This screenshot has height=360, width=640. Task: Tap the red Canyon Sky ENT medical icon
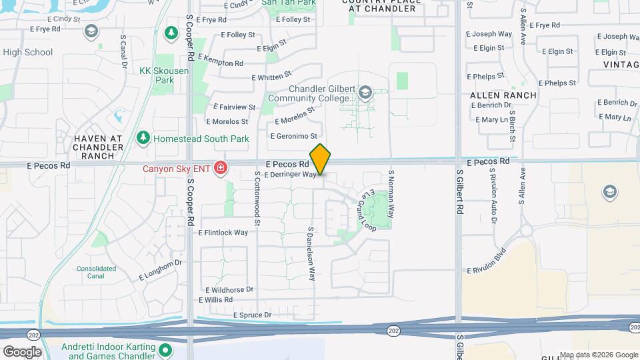[x=220, y=167]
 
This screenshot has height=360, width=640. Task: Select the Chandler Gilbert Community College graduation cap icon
[x=365, y=92]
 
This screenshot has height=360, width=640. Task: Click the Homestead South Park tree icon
[x=143, y=139]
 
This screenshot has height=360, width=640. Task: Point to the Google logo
[x=21, y=351]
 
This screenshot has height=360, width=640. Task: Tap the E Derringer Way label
[x=289, y=175]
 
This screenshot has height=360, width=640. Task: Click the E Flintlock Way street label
[x=223, y=233]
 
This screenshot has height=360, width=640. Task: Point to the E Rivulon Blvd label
[x=487, y=261]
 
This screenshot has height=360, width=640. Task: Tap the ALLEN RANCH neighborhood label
[x=503, y=95]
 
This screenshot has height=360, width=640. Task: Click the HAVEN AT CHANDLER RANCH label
[x=98, y=147]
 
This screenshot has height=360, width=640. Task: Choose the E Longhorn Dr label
[x=160, y=269]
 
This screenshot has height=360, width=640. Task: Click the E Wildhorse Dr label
[x=229, y=290]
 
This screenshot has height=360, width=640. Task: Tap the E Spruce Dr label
[x=253, y=315]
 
